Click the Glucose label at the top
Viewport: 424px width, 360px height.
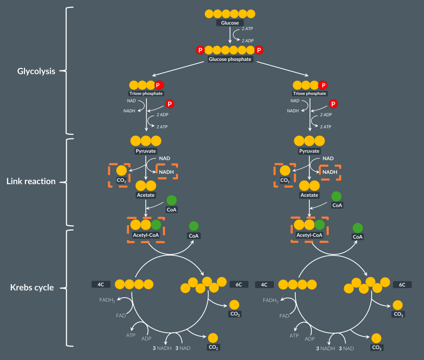click(230, 23)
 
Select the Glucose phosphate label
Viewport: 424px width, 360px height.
click(230, 59)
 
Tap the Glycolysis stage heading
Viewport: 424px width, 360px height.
click(36, 71)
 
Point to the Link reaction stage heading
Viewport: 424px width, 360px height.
click(31, 181)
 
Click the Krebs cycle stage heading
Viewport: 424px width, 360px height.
click(32, 288)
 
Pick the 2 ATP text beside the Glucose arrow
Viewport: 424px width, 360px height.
click(247, 29)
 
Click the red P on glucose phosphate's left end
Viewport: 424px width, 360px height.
click(200, 50)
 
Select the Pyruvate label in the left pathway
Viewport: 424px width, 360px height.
click(146, 151)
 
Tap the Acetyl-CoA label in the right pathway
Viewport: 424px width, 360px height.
click(309, 235)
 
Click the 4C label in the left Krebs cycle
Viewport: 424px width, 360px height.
click(100, 285)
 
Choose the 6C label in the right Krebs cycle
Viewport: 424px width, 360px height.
click(402, 285)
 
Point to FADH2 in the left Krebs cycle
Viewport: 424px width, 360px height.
click(106, 300)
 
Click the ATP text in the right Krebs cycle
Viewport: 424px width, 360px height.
click(294, 336)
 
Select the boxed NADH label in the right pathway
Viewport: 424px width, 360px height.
click(330, 172)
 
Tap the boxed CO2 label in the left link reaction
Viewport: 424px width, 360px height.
click(122, 180)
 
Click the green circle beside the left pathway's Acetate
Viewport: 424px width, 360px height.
click(171, 200)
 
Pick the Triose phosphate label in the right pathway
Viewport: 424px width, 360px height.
click(309, 93)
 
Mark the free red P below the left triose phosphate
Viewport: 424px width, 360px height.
click(170, 104)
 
